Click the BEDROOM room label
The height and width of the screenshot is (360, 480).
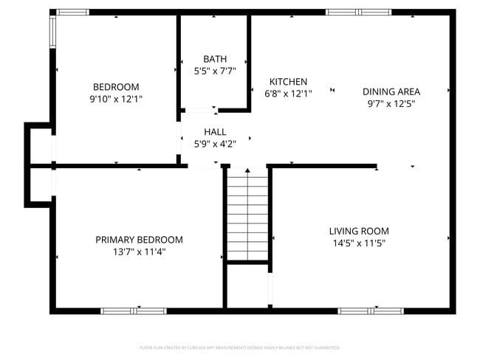[115, 86]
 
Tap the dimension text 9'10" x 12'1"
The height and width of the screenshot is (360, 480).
[115, 98]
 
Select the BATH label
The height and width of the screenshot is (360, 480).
[215, 59]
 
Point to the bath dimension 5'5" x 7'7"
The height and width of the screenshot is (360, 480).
[215, 72]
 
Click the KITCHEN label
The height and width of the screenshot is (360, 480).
[288, 82]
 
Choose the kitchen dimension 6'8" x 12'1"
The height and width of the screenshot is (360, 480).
[288, 94]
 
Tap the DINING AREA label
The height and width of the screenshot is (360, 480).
[391, 91]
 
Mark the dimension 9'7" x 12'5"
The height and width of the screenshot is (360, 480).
[391, 104]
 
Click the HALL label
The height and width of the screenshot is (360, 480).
[215, 132]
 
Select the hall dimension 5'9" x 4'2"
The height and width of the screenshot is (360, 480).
[215, 144]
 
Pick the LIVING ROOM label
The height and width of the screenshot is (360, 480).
[359, 231]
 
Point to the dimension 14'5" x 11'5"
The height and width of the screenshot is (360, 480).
[359, 243]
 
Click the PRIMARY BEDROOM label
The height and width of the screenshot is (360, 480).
[139, 240]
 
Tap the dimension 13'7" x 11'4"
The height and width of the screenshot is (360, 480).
[139, 252]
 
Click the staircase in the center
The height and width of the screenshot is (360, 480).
[247, 214]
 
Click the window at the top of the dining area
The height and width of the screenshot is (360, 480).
[355, 12]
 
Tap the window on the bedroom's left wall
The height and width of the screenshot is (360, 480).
[52, 30]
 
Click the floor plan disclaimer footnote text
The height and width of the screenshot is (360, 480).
[239, 347]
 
